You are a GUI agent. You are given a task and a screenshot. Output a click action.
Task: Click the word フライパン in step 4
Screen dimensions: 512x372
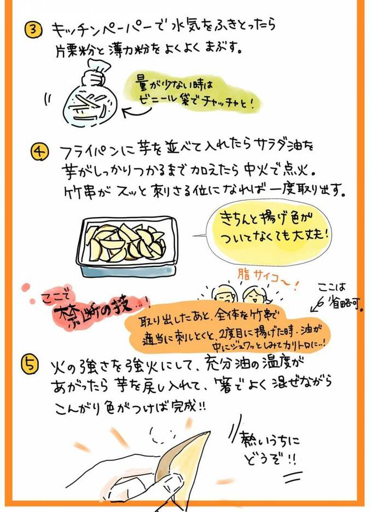tap(85, 151)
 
